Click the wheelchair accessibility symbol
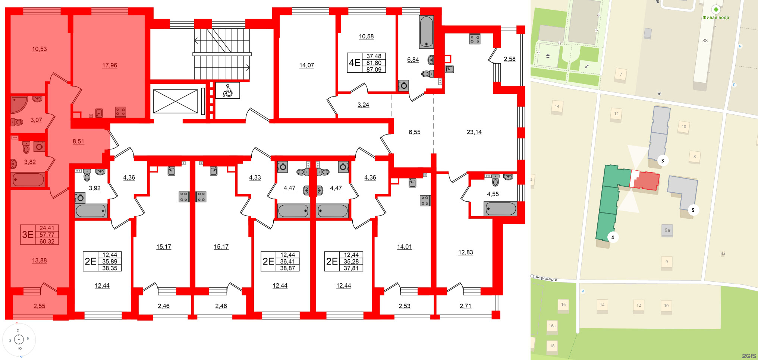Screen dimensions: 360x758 click(227, 91)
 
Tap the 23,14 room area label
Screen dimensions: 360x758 click(474, 132)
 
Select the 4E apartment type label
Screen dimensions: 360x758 click(354, 63)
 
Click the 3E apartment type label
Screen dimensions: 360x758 click(28, 234)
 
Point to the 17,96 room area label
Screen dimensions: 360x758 click(110, 65)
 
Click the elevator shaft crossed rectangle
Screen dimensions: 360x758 click(175, 101)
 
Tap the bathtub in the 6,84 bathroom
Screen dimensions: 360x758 click(426, 32)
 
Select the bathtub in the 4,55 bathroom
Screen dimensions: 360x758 click(500, 209)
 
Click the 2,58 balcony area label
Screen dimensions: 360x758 click(509, 59)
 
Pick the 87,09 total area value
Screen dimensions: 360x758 click(374, 69)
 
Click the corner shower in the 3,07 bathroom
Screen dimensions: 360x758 click(18, 105)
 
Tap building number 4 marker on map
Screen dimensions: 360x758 click(612, 237)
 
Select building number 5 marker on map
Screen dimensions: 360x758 click(693, 210)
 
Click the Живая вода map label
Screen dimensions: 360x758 click(715, 18)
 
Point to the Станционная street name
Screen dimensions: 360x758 click(544, 278)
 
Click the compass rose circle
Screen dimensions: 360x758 click(19, 340)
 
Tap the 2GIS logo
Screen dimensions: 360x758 click(748, 356)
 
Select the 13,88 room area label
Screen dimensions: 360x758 click(39, 260)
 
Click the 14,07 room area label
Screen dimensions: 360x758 click(306, 65)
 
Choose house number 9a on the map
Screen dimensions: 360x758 click(667, 230)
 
